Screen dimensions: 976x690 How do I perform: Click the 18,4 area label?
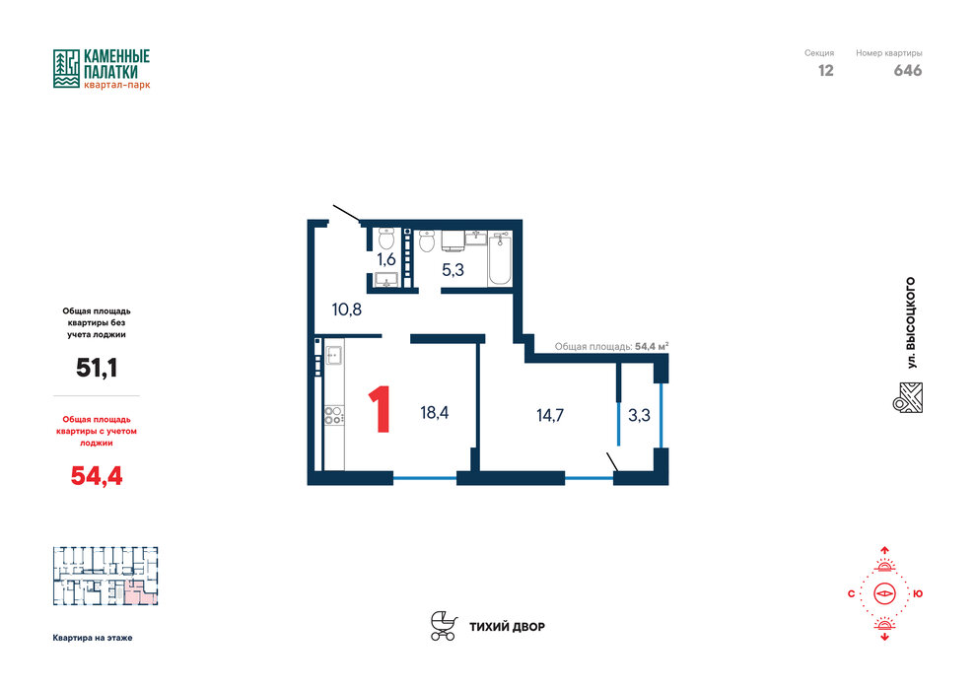(435, 412)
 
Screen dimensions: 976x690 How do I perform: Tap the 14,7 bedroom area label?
(550, 415)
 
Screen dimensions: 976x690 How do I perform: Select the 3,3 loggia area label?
(639, 415)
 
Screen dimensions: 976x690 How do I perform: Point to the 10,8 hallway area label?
(347, 310)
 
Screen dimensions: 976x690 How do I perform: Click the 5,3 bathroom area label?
(453, 270)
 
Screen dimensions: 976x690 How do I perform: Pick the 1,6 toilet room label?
(385, 259)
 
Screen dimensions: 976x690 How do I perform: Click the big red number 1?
(380, 409)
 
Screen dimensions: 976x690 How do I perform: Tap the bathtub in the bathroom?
(500, 259)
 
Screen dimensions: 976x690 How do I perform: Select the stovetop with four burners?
(333, 416)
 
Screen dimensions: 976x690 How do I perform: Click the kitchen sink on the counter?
(333, 355)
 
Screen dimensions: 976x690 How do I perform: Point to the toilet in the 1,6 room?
(386, 239)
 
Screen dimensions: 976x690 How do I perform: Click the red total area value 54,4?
(97, 476)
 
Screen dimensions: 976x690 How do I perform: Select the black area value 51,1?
(97, 368)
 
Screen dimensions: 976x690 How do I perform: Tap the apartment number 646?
(908, 71)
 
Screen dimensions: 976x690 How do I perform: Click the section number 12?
(825, 71)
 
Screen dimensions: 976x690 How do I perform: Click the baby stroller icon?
(444, 626)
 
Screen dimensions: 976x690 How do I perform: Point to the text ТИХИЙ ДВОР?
(507, 627)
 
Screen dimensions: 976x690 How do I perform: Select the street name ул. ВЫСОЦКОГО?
(911, 323)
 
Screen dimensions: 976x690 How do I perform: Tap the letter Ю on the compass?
(918, 594)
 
